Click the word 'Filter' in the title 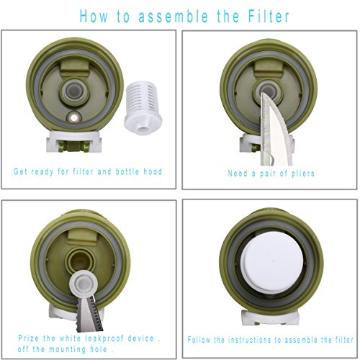[x=269, y=16]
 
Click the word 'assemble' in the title [x=174, y=17]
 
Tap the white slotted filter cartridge [x=143, y=107]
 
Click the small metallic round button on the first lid [x=74, y=118]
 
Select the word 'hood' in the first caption [x=153, y=171]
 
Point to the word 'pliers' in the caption [x=302, y=174]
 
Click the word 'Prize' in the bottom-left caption [x=28, y=338]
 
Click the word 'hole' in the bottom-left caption [x=99, y=349]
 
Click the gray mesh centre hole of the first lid [x=74, y=90]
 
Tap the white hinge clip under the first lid [x=74, y=142]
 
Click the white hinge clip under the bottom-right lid [x=270, y=318]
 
